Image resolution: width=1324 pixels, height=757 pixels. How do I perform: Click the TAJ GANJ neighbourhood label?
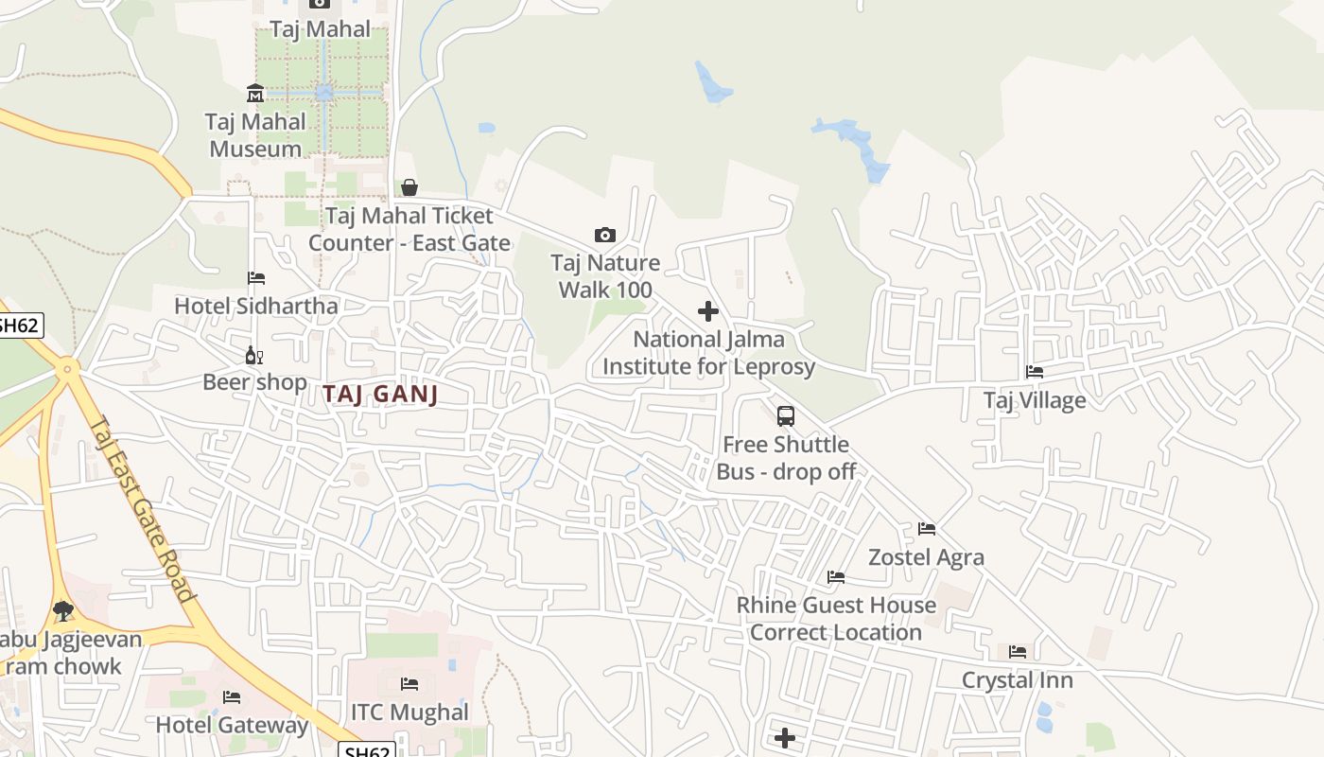click(x=380, y=394)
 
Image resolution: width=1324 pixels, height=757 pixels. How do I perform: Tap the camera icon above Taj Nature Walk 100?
click(x=605, y=235)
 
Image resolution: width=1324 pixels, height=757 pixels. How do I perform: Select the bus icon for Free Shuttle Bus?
click(x=786, y=415)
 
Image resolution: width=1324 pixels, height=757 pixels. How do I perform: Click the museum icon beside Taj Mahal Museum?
click(x=255, y=93)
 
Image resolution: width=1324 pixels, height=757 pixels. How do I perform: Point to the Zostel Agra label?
click(x=926, y=556)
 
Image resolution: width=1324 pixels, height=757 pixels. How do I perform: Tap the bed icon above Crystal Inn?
click(x=1018, y=651)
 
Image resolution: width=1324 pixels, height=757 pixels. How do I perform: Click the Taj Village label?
click(x=1035, y=399)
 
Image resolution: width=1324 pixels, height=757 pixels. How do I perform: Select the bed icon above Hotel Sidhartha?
click(x=256, y=277)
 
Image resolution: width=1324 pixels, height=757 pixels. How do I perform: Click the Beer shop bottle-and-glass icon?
click(x=253, y=355)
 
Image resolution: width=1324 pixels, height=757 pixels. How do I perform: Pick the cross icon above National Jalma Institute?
click(x=707, y=310)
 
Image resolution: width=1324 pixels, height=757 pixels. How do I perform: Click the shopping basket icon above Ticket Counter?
click(x=409, y=187)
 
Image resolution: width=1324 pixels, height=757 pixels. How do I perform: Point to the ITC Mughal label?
click(x=409, y=712)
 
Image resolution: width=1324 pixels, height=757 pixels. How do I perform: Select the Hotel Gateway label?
click(x=232, y=725)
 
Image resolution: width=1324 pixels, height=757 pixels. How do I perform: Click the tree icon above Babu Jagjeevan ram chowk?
click(x=63, y=610)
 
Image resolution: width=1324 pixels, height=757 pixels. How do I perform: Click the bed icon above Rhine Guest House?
click(x=836, y=576)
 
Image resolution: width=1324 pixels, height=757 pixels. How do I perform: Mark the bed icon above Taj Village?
click(x=1035, y=372)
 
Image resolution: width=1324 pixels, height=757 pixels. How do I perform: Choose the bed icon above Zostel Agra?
click(x=926, y=528)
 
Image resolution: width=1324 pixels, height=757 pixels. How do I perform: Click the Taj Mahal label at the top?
click(x=321, y=28)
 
